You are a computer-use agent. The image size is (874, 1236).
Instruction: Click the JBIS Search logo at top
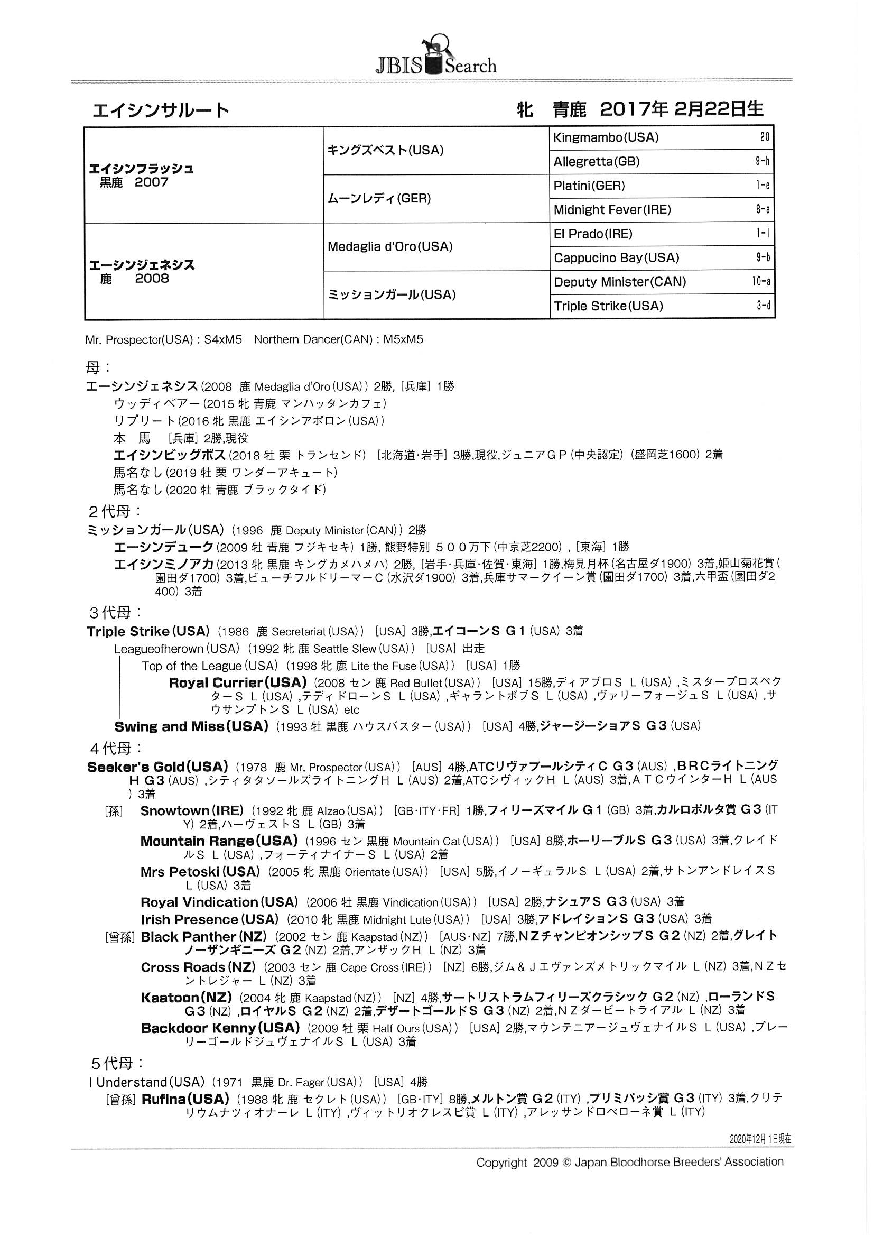pos(436,57)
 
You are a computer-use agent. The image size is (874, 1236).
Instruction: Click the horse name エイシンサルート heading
pos(161,110)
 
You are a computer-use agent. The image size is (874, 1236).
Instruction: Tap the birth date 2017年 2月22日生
pos(681,109)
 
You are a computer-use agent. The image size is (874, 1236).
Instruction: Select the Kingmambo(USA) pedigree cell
pos(606,137)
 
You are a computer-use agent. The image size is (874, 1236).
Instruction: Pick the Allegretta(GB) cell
pos(596,161)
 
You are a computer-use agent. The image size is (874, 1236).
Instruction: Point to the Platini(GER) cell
pos(589,186)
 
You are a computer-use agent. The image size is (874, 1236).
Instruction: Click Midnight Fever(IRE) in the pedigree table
pos(612,209)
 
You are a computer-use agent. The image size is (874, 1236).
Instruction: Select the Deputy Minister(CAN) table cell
pos(619,282)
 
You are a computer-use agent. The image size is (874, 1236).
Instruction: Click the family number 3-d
pos(763,306)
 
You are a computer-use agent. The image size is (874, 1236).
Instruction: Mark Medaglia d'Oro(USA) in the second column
pos(389,246)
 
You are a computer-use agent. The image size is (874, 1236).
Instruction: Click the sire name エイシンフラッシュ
pos(141,169)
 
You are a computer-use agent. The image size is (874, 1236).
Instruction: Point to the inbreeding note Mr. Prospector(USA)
pos(139,340)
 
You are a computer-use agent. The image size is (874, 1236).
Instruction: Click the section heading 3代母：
pos(116,612)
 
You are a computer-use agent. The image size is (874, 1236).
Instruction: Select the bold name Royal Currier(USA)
pos(237,682)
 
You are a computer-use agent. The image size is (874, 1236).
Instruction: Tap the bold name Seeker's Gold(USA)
pos(157,767)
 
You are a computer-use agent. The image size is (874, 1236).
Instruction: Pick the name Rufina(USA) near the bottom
pos(185,1099)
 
